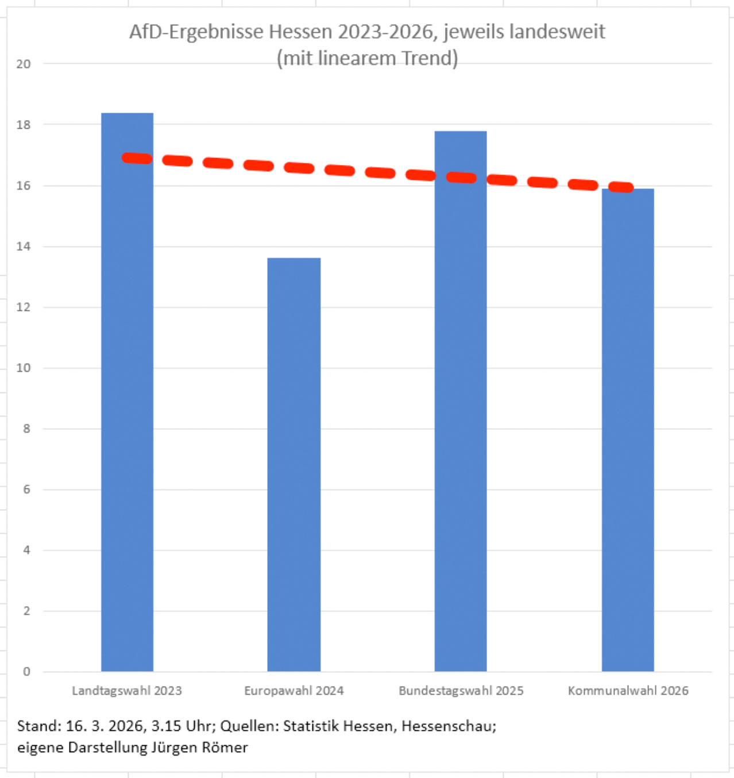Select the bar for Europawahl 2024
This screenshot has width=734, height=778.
tap(294, 465)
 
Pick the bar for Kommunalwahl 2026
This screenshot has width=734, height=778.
tap(628, 431)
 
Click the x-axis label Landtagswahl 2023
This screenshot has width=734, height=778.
tap(127, 691)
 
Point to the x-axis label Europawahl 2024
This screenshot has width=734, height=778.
tap(294, 691)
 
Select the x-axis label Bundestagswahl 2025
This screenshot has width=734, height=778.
tap(461, 691)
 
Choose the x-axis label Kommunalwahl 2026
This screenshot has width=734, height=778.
tap(628, 691)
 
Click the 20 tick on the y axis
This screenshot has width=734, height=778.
tap(24, 64)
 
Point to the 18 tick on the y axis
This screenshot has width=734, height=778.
tap(24, 125)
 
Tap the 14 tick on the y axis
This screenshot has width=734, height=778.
tap(24, 247)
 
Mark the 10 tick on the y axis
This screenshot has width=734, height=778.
tap(24, 368)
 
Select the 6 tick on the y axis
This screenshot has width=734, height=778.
tap(26, 490)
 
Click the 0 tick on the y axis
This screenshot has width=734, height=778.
tap(26, 672)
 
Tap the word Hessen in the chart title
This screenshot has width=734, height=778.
tap(300, 32)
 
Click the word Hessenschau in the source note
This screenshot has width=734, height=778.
tap(448, 726)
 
